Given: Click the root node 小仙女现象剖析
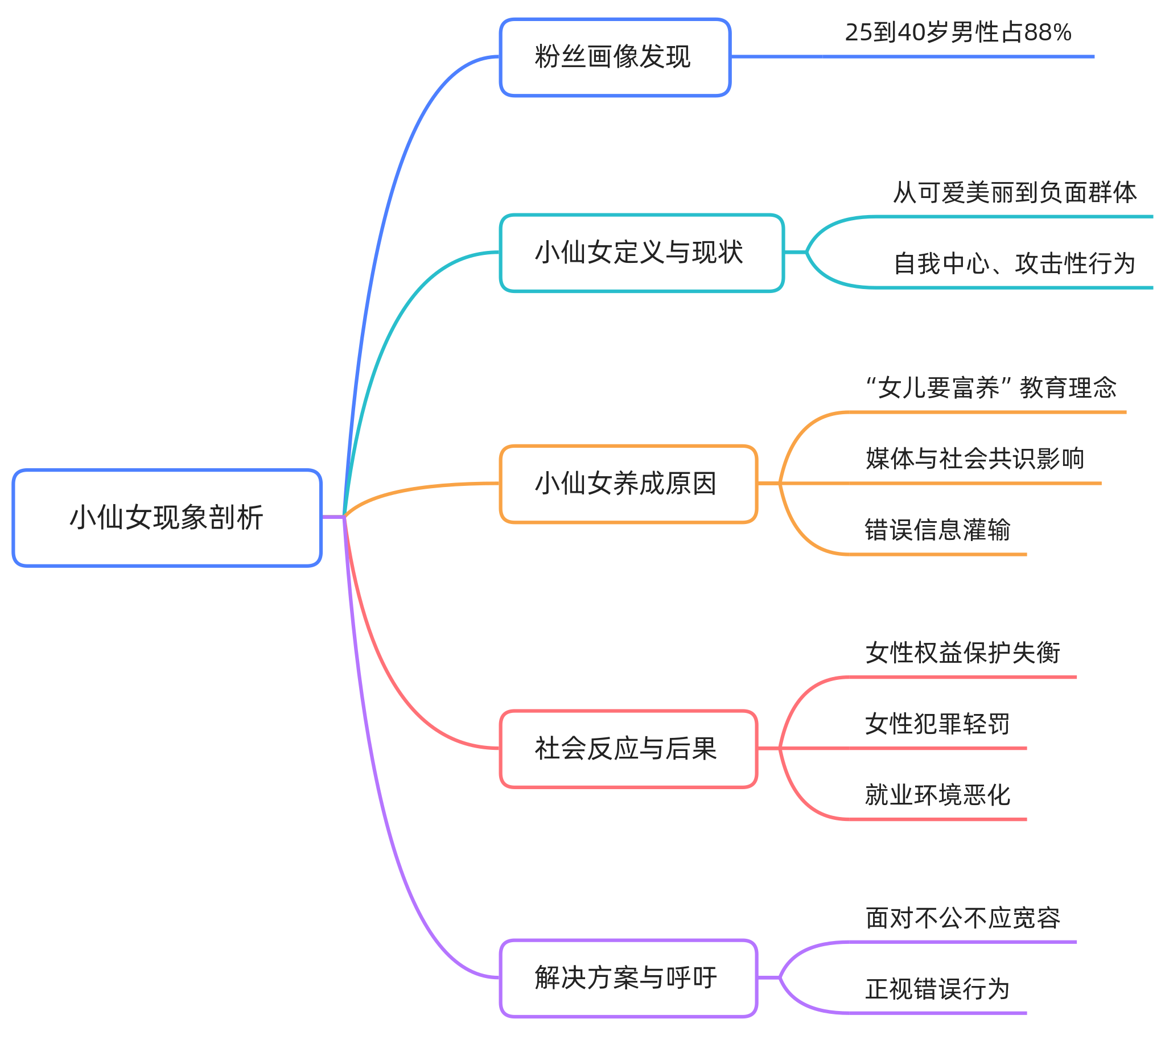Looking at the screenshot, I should tap(166, 518).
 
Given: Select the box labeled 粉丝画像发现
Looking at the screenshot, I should tap(615, 57).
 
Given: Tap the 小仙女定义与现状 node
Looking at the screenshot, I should tap(641, 253).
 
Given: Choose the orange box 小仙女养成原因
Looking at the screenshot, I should tap(628, 484).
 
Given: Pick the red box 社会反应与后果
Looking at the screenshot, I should tap(628, 749).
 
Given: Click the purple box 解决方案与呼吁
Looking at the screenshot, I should tap(628, 978).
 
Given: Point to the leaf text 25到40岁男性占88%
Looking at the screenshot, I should tap(957, 32).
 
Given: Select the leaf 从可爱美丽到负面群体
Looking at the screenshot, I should tap(1014, 192).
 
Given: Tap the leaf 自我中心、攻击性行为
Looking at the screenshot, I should tap(1014, 263).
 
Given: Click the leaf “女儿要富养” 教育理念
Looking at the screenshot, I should tap(990, 387).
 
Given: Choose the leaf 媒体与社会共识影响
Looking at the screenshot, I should tap(974, 459).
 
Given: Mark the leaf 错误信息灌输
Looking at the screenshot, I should tap(937, 530).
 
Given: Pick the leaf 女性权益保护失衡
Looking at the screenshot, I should tap(962, 653).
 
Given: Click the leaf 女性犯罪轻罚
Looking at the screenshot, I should tap(937, 724).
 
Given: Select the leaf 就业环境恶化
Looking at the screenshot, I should tap(937, 795).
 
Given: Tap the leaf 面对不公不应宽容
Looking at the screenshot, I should tap(962, 918).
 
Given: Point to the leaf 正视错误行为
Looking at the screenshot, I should tap(937, 989).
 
